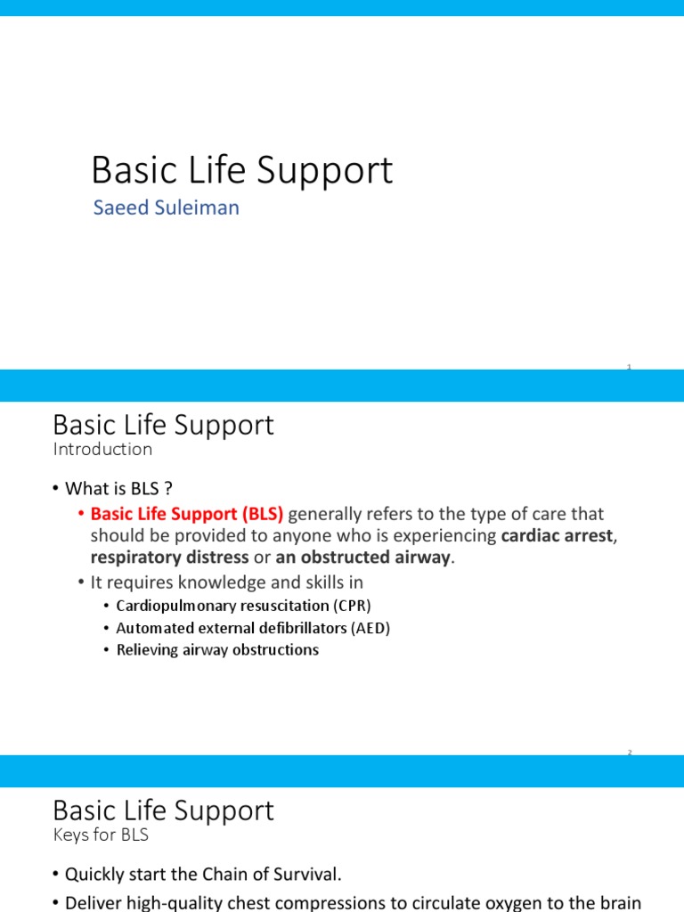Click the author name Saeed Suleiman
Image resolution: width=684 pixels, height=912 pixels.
coord(166,208)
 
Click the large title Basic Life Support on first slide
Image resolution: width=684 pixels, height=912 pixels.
coord(241,170)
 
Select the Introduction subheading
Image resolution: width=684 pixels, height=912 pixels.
coord(102,449)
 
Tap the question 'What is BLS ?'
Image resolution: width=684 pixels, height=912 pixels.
coord(117,488)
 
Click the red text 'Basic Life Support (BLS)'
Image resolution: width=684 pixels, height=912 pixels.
coord(187,514)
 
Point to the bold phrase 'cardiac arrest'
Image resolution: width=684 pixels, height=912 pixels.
coord(557,535)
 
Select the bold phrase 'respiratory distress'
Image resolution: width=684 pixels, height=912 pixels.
coord(169,558)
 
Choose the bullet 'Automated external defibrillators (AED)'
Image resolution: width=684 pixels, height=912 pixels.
coord(253,628)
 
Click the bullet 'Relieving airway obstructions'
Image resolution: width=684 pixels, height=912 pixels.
coord(217,650)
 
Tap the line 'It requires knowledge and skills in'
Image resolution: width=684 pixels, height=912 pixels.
coord(227,582)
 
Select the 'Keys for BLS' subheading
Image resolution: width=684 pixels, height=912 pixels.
coord(101,835)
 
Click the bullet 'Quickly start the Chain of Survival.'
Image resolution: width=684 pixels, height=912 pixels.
coord(203,875)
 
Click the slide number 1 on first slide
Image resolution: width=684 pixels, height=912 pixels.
coord(629,367)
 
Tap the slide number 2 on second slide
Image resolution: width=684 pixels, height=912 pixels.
coord(629,753)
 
